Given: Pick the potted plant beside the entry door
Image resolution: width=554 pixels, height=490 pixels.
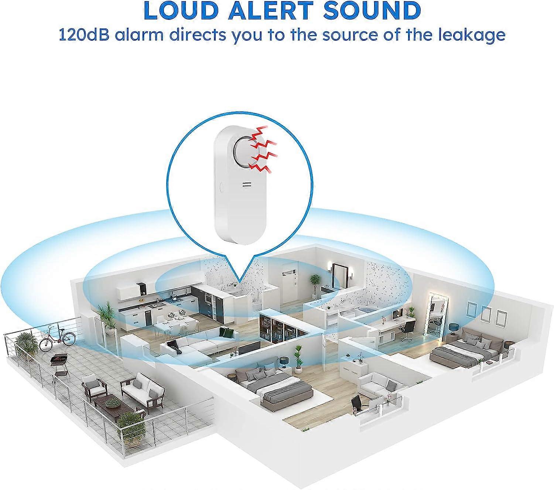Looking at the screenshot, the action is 314,285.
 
